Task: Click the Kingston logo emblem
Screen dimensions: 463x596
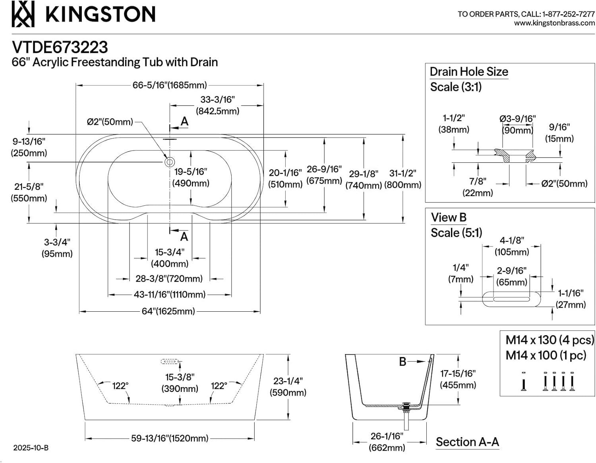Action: click(x=23, y=14)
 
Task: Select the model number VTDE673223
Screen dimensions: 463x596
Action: click(x=60, y=47)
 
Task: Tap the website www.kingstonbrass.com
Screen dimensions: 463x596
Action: click(x=554, y=23)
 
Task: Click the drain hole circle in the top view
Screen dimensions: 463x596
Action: click(x=170, y=162)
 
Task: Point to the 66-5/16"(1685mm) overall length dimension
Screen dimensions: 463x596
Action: click(x=170, y=85)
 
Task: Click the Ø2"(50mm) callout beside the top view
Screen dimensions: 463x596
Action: click(x=110, y=122)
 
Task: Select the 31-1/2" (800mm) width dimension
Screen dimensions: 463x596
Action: click(x=402, y=179)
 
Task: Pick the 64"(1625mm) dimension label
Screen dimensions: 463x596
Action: click(x=168, y=311)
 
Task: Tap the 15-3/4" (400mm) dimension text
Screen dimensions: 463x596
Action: click(x=170, y=258)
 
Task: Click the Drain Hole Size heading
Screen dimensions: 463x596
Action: click(x=469, y=72)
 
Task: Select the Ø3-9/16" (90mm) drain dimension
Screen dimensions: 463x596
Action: click(x=517, y=124)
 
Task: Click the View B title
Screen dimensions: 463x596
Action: click(x=449, y=218)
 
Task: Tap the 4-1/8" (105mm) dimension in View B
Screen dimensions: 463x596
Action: click(x=512, y=246)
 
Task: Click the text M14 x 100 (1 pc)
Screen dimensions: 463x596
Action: click(x=546, y=355)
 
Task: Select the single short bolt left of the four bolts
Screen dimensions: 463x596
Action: click(x=523, y=382)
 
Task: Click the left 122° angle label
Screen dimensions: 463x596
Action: click(x=120, y=386)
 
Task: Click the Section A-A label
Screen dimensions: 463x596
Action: click(x=467, y=442)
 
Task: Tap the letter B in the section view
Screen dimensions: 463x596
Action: click(x=402, y=362)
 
